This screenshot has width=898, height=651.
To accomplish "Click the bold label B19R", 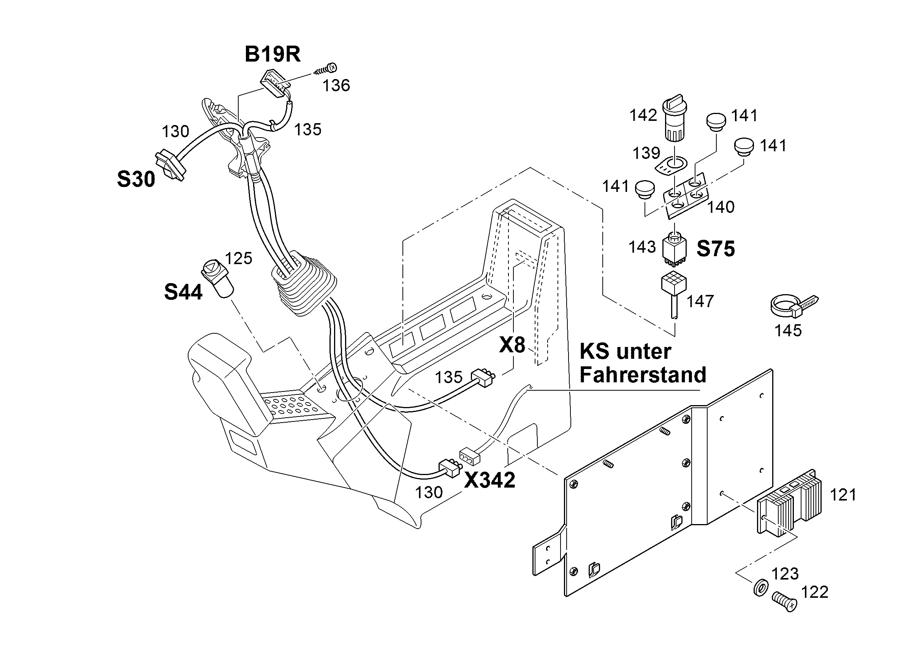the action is [x=273, y=54].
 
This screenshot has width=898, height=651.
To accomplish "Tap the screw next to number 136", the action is [x=325, y=69].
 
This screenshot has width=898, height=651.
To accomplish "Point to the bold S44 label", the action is [x=183, y=292].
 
